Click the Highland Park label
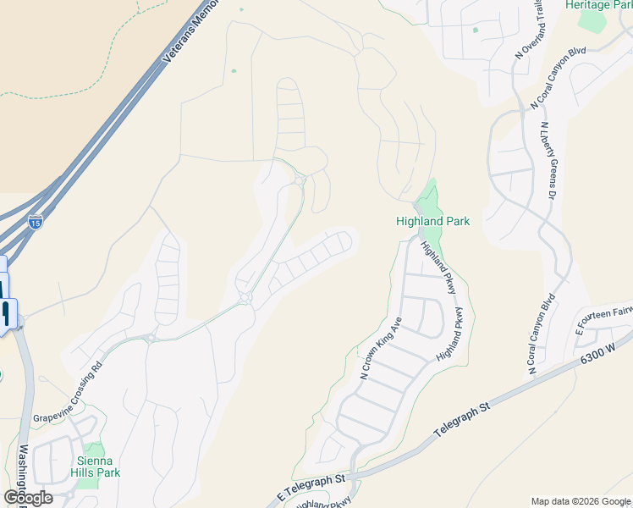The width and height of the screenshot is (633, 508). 432,221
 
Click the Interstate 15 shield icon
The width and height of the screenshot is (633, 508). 35,223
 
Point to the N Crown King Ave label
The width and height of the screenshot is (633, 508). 380,347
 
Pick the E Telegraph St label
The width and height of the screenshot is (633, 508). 311,488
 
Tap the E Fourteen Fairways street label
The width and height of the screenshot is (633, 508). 605,318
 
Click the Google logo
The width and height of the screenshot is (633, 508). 28,497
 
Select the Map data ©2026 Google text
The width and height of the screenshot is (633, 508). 580,501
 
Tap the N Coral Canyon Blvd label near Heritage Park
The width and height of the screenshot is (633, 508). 559,77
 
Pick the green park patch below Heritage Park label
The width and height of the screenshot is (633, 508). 593,21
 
